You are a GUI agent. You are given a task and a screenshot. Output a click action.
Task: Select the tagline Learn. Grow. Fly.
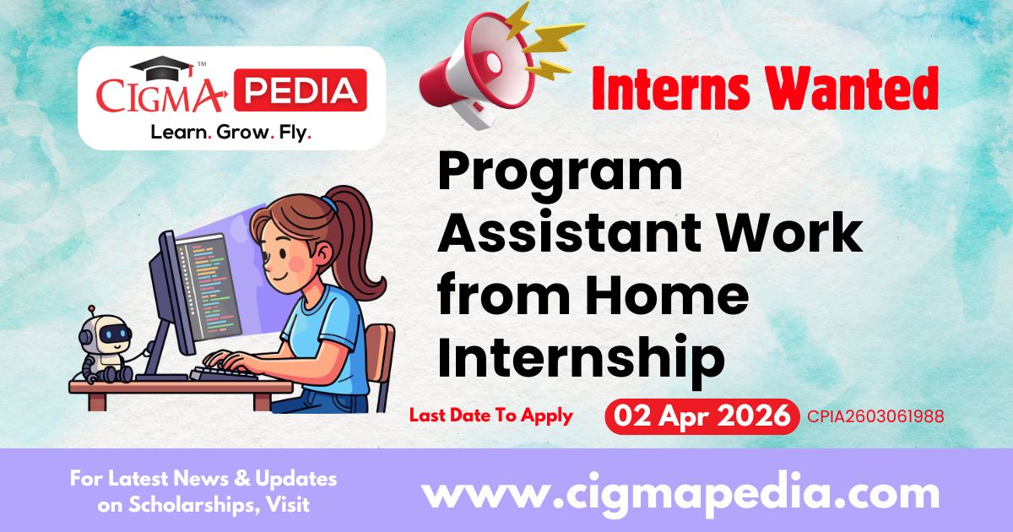(x=230, y=133)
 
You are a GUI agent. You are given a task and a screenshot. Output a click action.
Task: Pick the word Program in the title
(x=559, y=172)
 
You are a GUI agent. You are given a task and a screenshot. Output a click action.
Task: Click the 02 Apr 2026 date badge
(x=702, y=416)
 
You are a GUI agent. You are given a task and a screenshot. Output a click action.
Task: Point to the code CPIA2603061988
(x=875, y=416)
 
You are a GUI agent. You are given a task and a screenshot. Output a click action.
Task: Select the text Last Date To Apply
(x=490, y=415)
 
